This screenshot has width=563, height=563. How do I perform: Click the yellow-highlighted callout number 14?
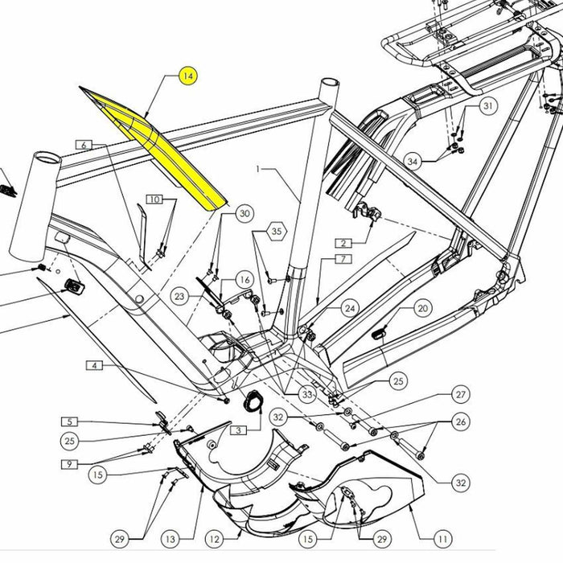coord(187,77)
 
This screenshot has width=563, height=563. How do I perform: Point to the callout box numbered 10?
coord(154,199)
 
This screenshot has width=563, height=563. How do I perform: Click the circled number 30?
coord(245,213)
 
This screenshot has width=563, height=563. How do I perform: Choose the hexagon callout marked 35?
coord(277,231)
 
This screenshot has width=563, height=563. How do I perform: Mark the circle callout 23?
coord(180,297)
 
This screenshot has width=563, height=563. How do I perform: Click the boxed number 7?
coord(342,259)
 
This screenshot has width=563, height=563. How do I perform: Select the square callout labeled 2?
coord(343,242)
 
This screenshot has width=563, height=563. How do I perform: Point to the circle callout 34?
coord(413,162)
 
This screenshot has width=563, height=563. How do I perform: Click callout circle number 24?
coord(350,308)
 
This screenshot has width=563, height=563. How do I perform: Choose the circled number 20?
coord(423,308)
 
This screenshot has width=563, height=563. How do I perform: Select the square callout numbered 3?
coord(237,431)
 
